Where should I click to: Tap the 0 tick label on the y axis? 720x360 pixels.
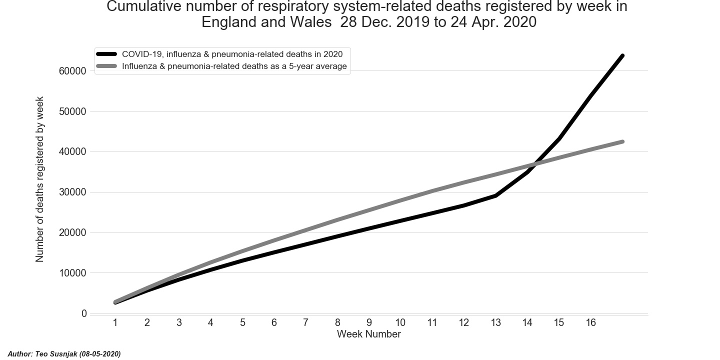coord(84,313)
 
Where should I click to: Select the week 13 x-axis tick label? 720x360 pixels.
coord(495,323)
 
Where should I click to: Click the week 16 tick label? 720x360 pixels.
coord(590,323)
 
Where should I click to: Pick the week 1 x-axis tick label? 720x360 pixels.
coord(115,323)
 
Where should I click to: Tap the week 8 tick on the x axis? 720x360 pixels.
coord(337,323)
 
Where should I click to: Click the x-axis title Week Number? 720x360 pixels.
coord(368,334)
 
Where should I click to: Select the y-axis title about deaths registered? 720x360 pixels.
coord(40,179)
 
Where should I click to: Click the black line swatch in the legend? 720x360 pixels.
coord(106,54)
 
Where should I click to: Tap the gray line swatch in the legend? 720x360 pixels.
coord(106,66)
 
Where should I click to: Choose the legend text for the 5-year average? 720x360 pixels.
coord(234,66)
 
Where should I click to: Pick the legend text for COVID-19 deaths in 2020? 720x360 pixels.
coord(232,54)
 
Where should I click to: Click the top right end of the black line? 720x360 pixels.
coord(622,55)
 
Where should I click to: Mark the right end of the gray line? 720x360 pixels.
coord(622,141)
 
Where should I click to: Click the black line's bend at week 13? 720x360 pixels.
coord(495,195)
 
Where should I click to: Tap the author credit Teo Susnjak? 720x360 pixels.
coord(64,354)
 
